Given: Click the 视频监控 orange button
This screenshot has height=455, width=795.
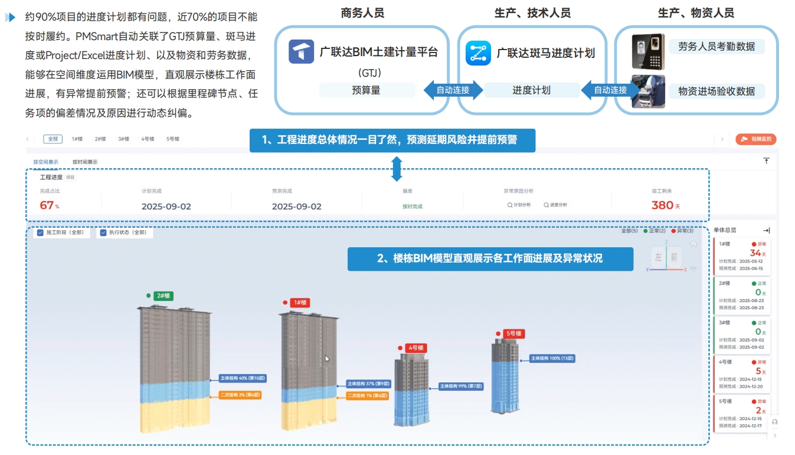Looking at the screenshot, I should tap(756, 139).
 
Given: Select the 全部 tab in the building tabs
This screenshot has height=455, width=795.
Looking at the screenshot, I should tap(53, 139).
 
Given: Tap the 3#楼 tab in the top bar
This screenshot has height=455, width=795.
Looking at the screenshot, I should tap(123, 139).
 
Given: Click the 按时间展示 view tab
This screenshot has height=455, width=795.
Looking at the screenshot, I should tap(85, 162).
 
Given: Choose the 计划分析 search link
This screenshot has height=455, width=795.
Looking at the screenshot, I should tap(519, 205).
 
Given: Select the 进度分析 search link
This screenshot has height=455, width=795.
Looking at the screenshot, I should tap(555, 205).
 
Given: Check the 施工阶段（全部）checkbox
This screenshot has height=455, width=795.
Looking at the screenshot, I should tap(41, 233).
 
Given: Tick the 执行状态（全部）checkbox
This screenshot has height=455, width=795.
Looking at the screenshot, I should tap(103, 233).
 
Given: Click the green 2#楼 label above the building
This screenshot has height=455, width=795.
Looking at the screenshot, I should tap(163, 296).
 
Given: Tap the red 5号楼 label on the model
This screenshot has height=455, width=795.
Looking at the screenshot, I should tap(513, 333).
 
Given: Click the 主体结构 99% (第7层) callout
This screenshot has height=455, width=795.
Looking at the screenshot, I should tap(461, 387).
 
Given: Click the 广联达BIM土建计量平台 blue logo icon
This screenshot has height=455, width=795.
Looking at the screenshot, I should tap(301, 52).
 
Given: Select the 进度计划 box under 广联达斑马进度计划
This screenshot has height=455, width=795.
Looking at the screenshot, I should tap(531, 90).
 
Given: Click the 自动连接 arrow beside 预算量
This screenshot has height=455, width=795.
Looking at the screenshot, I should tap(452, 90).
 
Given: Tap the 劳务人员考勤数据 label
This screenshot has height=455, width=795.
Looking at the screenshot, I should tap(716, 47).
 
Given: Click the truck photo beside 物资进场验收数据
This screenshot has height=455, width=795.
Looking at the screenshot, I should tap(648, 91).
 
